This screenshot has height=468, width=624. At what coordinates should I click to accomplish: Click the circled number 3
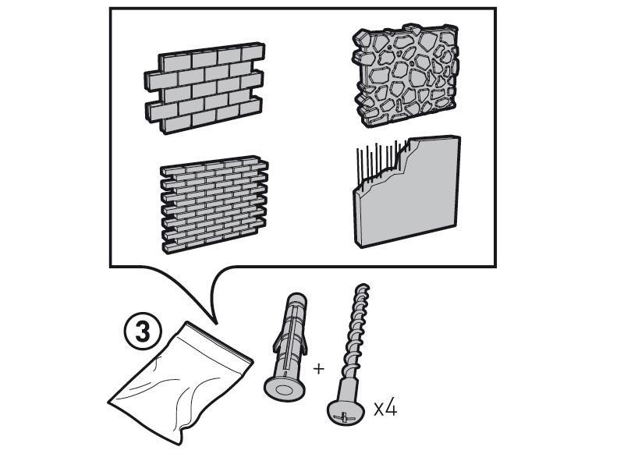[x=143, y=332]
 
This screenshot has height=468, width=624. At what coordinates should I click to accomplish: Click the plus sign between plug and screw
[x=318, y=369]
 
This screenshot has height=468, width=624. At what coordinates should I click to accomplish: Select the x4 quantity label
[x=385, y=408]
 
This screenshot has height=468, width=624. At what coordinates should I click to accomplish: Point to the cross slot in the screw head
[x=344, y=417]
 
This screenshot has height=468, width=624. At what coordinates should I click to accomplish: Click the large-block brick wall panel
[x=204, y=87]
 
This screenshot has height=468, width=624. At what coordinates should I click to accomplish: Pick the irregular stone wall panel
[x=406, y=76]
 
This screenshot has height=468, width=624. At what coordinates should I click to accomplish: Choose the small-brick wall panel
[x=214, y=204]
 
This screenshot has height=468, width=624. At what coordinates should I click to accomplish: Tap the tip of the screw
[x=363, y=286]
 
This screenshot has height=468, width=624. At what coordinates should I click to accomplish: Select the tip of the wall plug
[x=297, y=296]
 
